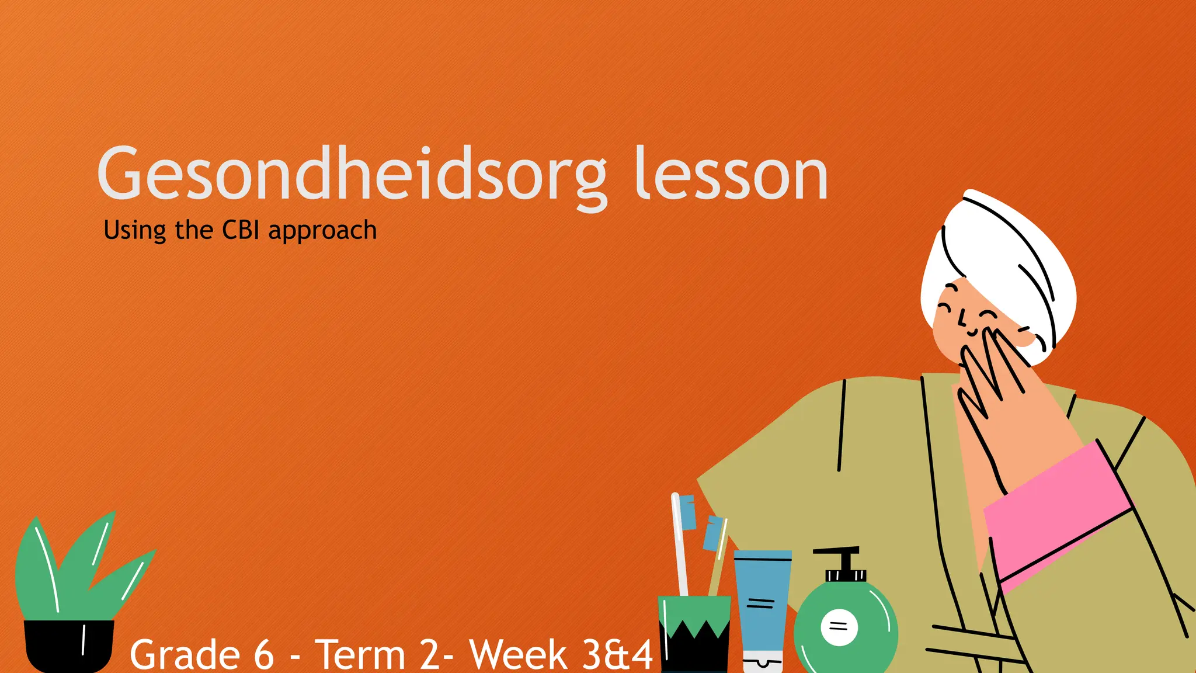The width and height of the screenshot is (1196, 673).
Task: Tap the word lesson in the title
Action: pos(731,174)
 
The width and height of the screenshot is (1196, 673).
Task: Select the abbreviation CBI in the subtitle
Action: pos(241,230)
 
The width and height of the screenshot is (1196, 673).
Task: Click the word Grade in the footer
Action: pos(185,654)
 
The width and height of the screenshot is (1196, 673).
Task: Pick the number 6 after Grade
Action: pos(264,654)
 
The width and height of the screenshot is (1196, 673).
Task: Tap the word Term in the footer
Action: pos(360,654)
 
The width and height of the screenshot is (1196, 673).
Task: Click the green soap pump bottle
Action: pos(846,628)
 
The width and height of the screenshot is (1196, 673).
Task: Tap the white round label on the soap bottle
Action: pos(839,627)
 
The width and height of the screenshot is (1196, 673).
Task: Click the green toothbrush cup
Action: pos(694,634)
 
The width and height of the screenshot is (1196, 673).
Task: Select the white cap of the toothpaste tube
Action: pos(762,663)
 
